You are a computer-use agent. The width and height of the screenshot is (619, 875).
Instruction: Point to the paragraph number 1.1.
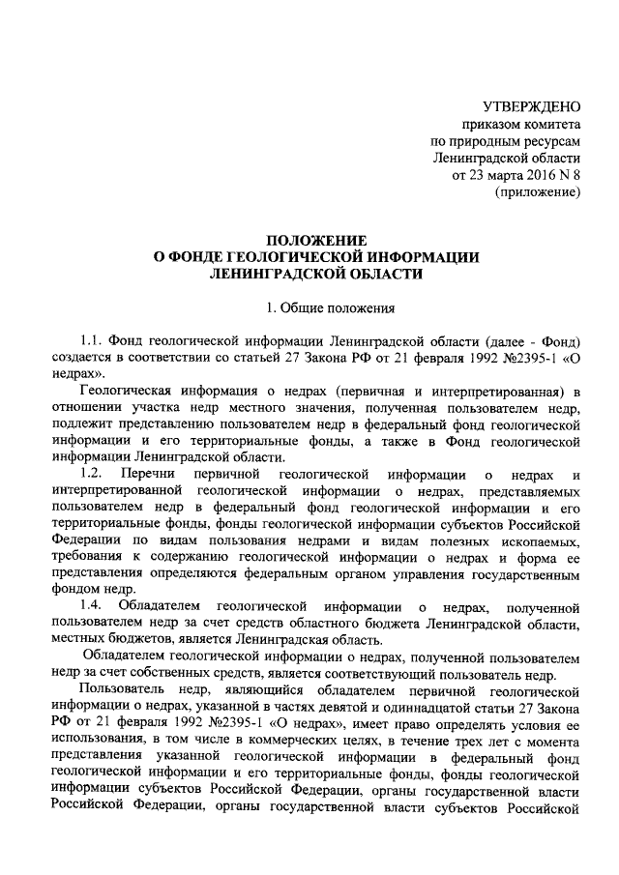[x=92, y=344]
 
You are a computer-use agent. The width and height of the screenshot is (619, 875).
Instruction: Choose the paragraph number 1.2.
[x=92, y=474]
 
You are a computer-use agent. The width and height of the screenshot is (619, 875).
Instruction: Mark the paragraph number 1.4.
[x=92, y=605]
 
